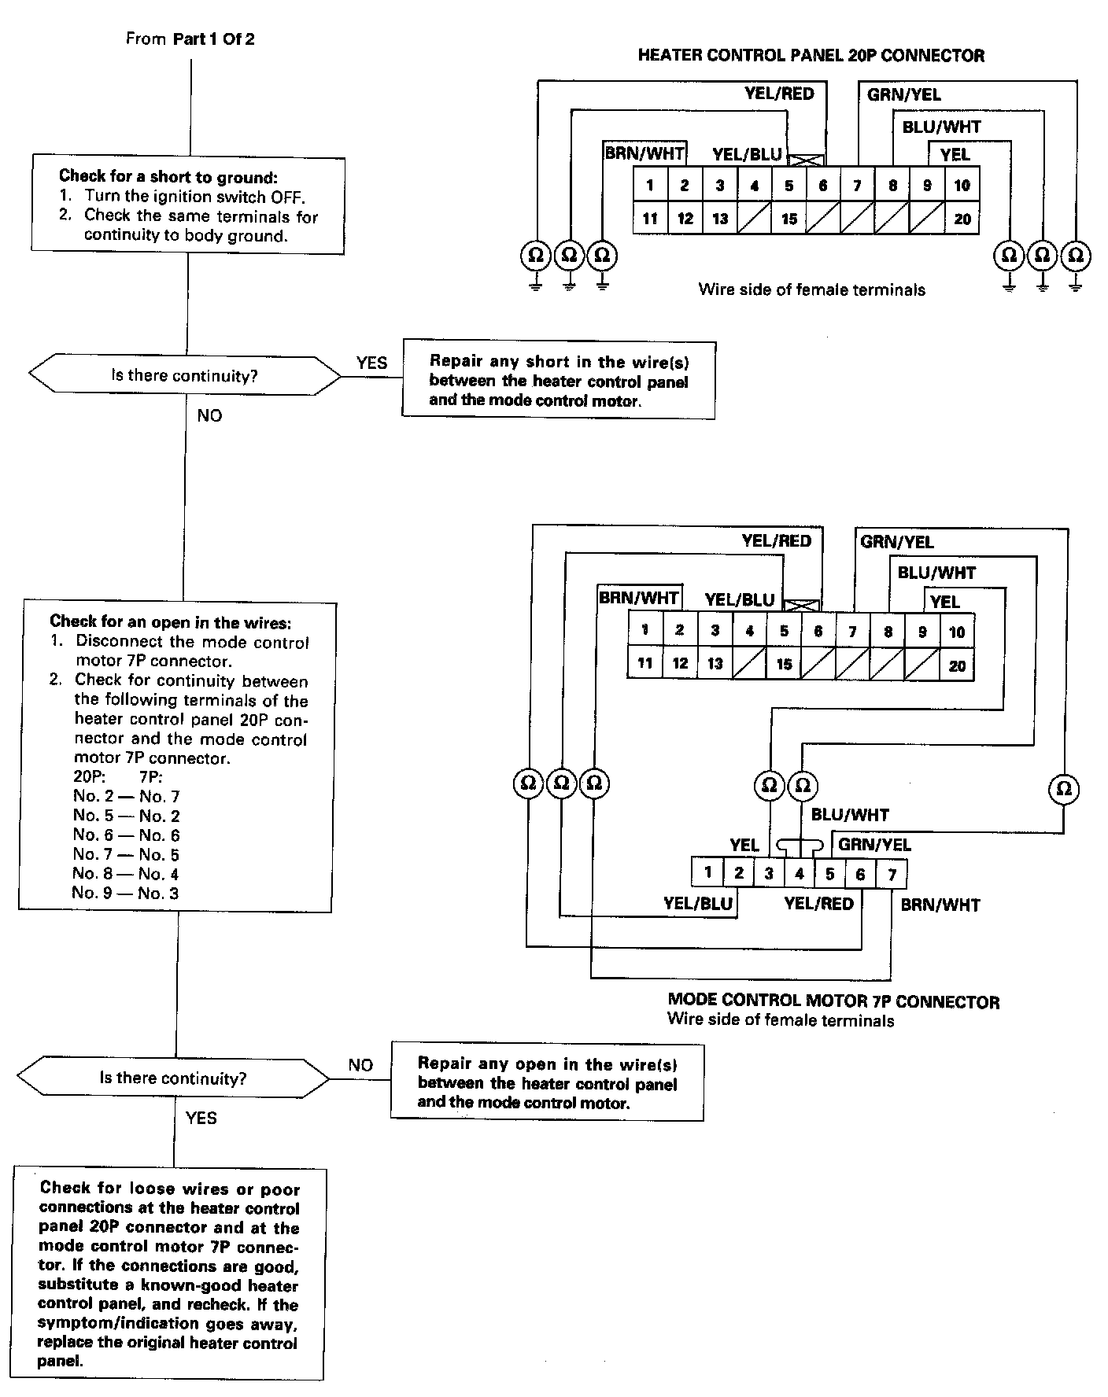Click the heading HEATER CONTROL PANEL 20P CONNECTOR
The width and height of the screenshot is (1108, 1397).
811,56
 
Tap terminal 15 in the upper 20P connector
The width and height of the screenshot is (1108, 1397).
789,219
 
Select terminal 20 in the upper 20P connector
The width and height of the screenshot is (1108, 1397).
962,219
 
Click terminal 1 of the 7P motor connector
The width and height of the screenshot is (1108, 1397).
707,872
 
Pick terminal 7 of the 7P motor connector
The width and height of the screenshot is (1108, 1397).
892,874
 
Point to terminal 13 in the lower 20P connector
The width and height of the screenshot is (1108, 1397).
715,664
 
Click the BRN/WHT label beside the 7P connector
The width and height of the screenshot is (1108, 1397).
940,905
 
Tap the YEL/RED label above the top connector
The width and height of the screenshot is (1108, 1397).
779,94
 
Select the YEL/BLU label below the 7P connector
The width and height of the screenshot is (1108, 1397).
698,903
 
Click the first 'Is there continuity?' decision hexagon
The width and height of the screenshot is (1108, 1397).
185,376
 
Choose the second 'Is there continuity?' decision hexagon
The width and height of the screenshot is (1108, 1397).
173,1078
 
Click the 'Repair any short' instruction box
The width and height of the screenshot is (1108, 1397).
558,381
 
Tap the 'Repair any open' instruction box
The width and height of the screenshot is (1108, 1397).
547,1082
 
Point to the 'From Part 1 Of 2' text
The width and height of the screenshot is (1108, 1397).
190,39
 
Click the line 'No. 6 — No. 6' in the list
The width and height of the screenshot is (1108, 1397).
126,835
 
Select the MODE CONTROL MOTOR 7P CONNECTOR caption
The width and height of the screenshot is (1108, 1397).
833,1001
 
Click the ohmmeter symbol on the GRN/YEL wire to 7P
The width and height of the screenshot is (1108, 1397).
1064,788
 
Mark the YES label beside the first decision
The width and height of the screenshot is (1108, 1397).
371,363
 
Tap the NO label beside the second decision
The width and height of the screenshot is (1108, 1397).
360,1065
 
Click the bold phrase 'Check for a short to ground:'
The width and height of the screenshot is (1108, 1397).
168,177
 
